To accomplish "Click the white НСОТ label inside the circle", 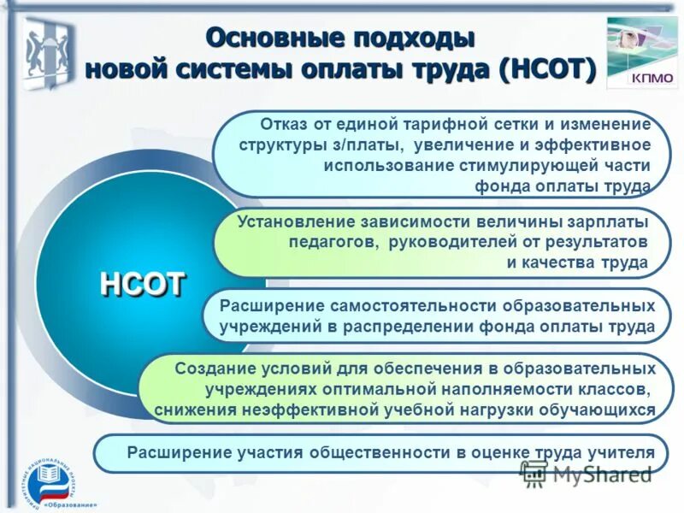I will pos(144,283).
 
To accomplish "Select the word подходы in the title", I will pos(420,38).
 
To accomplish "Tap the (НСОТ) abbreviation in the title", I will pos(548,69).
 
